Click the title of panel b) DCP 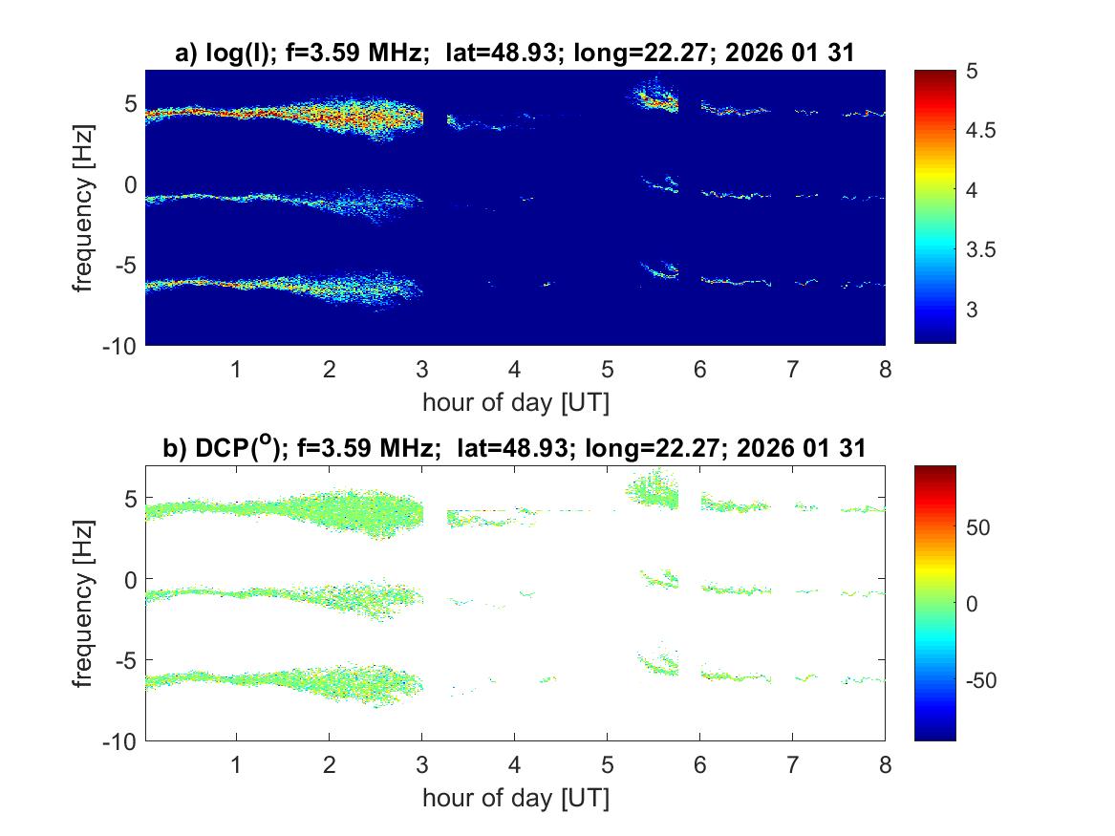(514, 449)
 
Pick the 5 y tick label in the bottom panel (130, 498)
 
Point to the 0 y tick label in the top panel (130, 183)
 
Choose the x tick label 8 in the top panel (885, 370)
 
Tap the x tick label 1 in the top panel (236, 370)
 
